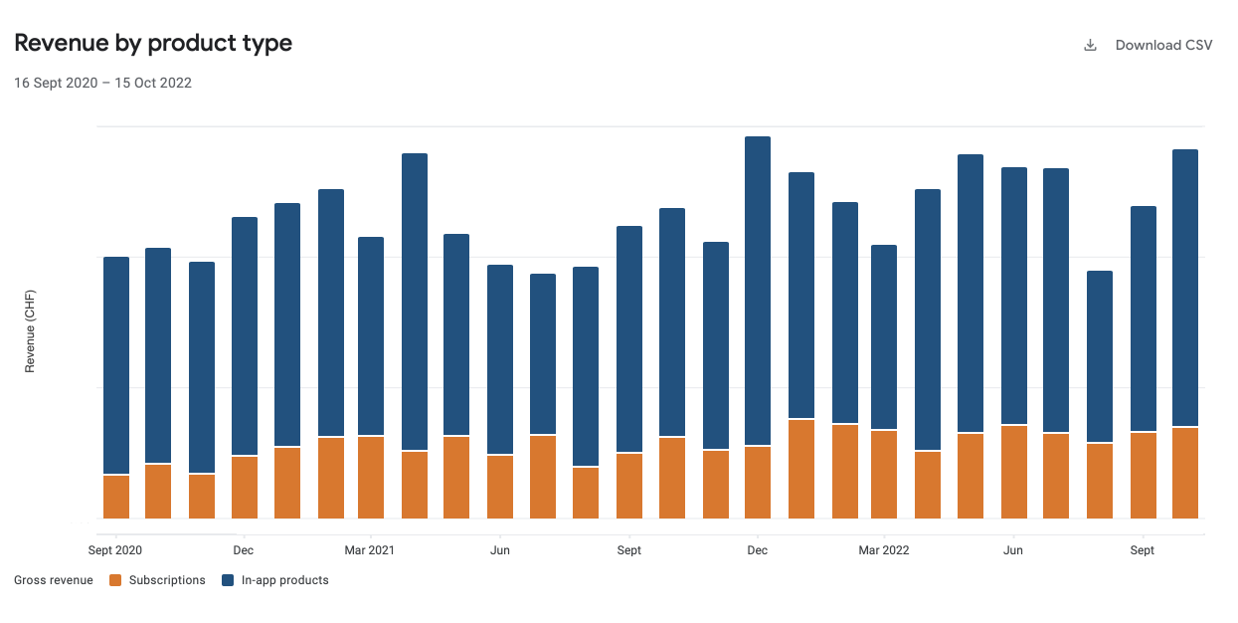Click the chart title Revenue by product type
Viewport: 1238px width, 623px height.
tap(153, 44)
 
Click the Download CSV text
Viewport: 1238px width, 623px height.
tap(1163, 46)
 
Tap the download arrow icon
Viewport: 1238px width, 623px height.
tap(1090, 46)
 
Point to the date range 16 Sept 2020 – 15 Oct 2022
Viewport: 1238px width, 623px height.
tap(102, 84)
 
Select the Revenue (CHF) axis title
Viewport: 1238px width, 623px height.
tap(30, 331)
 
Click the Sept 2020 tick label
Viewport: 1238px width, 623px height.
tap(115, 550)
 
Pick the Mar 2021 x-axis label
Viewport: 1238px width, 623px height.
tap(370, 550)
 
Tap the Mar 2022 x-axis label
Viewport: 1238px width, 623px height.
tap(884, 550)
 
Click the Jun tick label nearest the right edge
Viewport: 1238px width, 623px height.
tap(1013, 550)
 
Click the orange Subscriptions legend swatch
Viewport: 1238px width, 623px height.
tap(115, 580)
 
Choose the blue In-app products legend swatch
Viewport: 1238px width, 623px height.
tap(228, 580)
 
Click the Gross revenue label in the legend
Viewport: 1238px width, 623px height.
tap(54, 580)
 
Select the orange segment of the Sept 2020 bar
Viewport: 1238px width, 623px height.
tap(116, 497)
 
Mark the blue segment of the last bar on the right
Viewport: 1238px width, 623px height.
tap(1185, 289)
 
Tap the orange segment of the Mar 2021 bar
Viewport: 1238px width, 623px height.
tap(371, 478)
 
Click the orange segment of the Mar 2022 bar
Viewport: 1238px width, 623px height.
tap(884, 474)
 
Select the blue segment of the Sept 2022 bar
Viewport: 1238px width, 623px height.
tap(1144, 318)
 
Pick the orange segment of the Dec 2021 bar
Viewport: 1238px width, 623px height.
tap(758, 483)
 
